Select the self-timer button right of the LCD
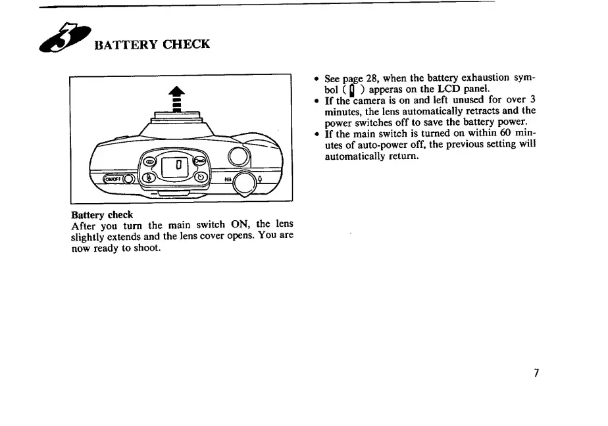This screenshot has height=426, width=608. (201, 176)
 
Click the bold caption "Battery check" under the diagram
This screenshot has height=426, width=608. (101, 214)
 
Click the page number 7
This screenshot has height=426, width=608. (537, 373)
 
